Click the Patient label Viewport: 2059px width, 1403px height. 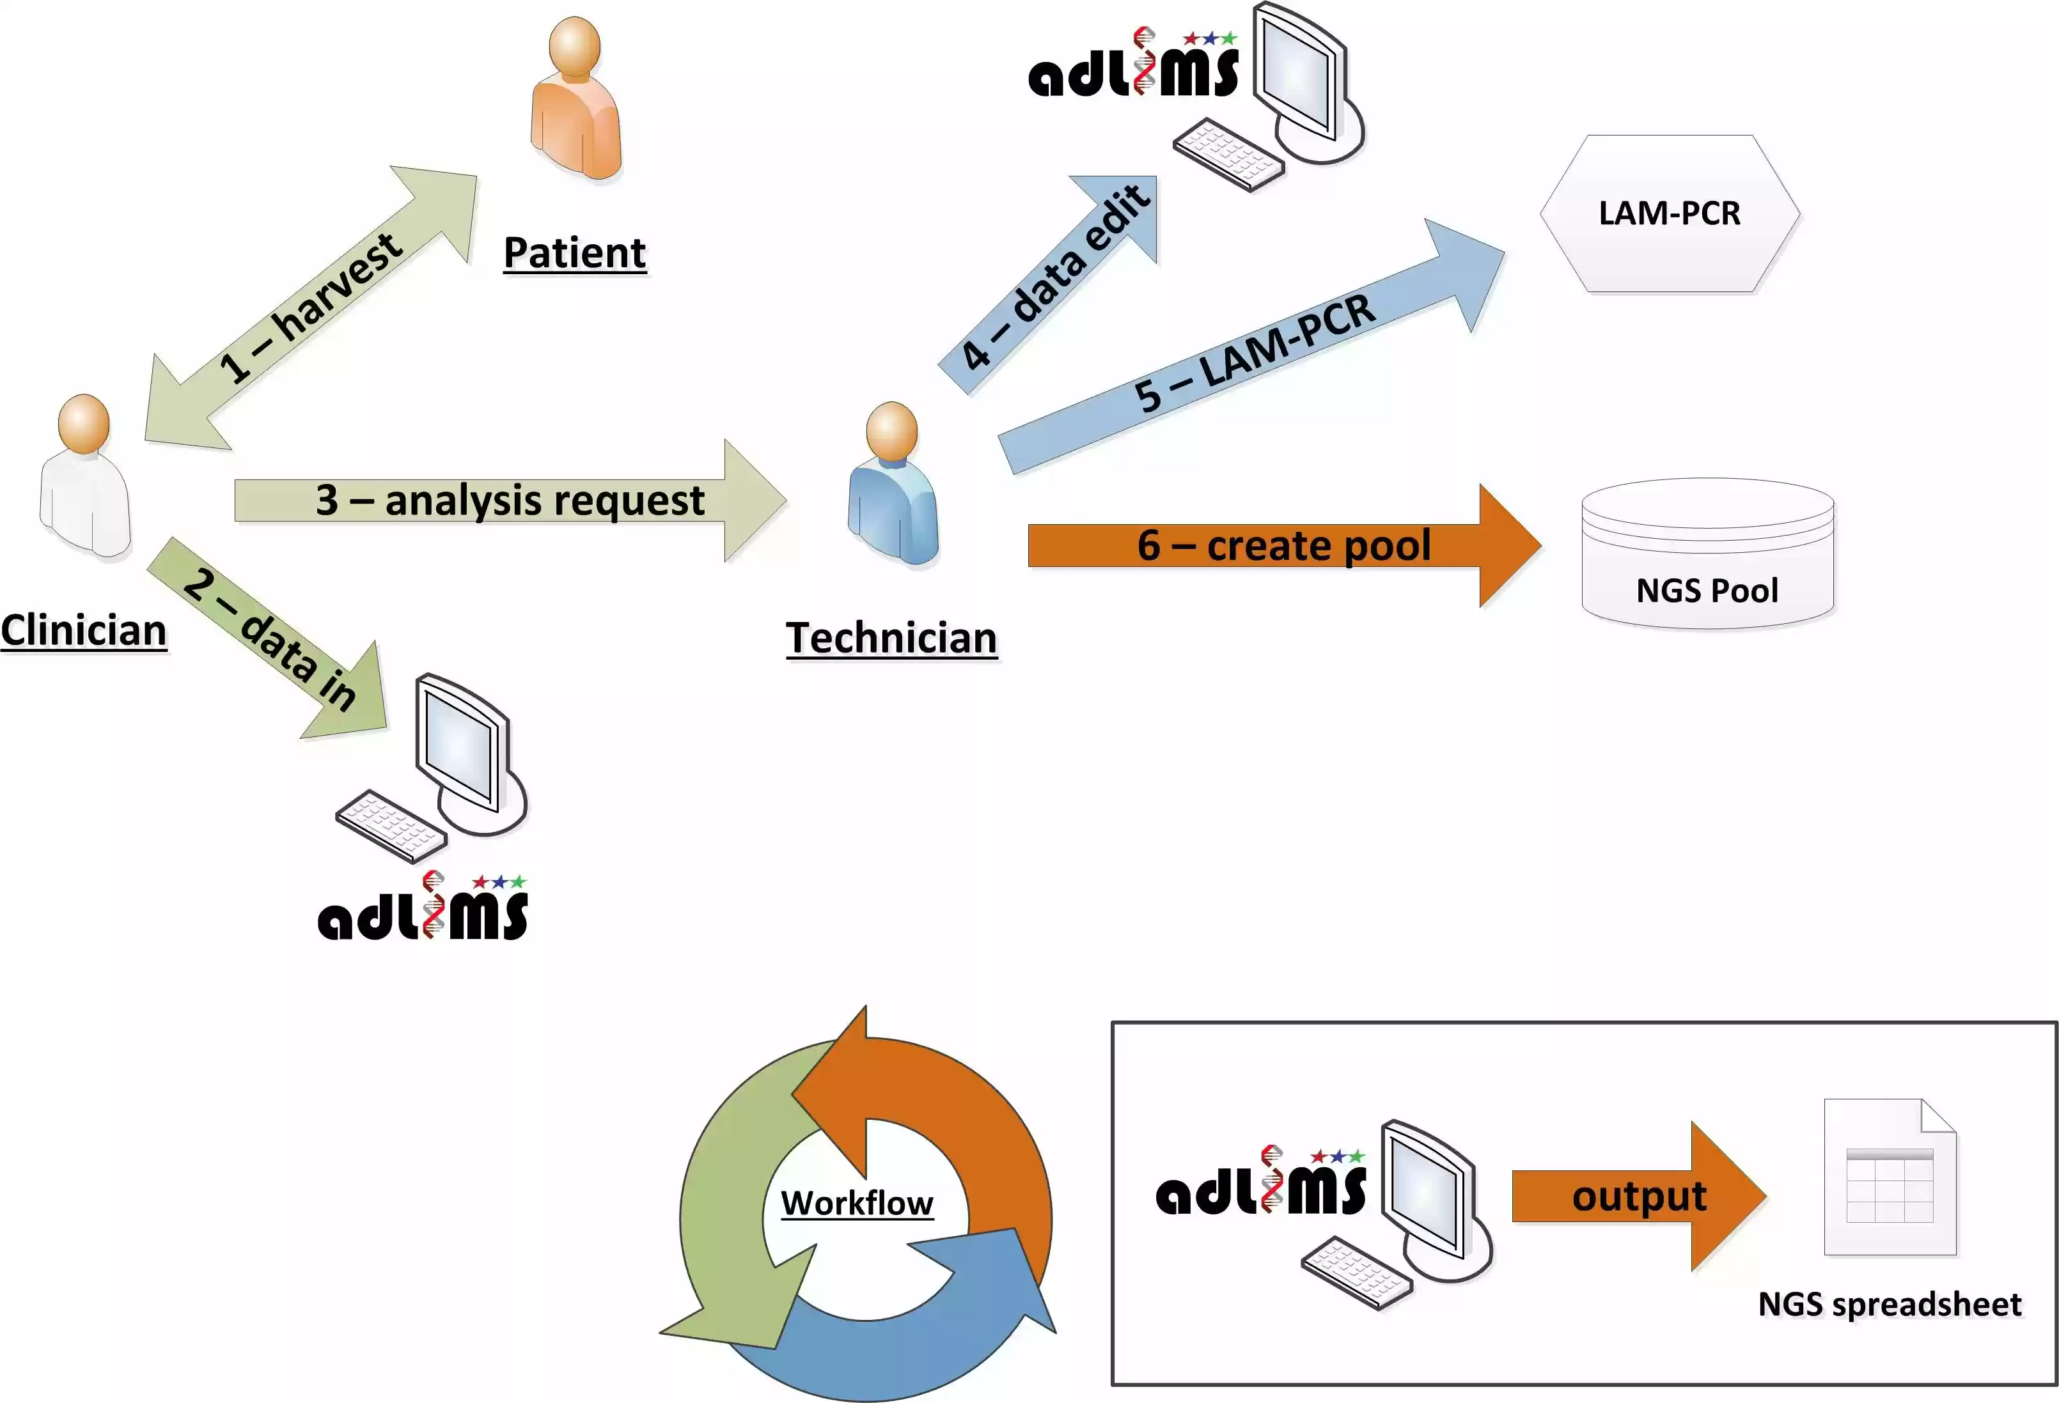tap(574, 252)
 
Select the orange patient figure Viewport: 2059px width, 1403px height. tap(576, 106)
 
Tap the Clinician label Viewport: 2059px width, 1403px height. tap(83, 631)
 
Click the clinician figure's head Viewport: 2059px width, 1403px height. tap(84, 422)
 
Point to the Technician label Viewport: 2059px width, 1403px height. tap(891, 638)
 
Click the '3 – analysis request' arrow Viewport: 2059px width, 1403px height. tap(510, 500)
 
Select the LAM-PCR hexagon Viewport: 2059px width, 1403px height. tap(1669, 213)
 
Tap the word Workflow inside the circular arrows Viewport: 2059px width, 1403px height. tap(857, 1203)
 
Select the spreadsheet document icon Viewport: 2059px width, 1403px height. tap(1890, 1178)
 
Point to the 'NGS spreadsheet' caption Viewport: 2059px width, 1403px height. tap(1890, 1304)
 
